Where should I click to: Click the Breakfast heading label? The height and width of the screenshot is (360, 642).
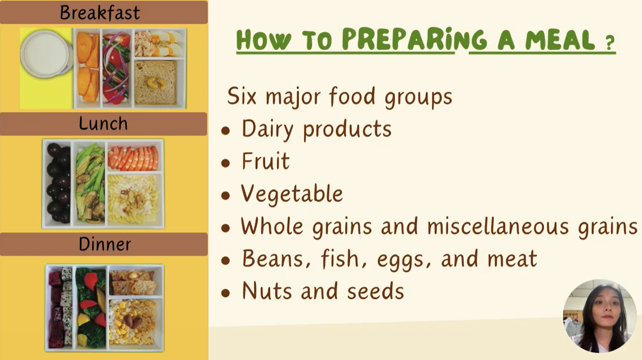click(100, 12)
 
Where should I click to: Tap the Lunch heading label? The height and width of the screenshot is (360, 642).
click(103, 124)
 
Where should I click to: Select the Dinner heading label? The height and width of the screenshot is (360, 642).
click(105, 244)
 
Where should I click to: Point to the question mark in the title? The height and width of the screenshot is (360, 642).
click(611, 42)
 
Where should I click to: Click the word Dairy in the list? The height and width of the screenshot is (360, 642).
click(267, 130)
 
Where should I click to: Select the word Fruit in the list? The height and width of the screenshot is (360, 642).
click(266, 161)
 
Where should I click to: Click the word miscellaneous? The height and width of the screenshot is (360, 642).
click(498, 226)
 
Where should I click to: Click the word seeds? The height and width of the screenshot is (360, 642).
click(376, 291)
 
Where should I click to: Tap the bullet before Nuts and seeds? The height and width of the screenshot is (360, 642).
click(226, 293)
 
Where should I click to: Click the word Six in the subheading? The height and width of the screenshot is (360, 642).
click(241, 96)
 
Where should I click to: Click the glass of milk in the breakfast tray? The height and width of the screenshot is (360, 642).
click(46, 54)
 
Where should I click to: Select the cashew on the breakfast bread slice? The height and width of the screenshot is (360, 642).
click(156, 83)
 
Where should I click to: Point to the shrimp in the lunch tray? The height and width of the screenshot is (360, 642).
click(134, 158)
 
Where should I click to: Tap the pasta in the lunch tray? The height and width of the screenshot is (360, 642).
click(134, 199)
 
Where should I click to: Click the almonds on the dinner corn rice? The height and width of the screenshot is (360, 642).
click(132, 321)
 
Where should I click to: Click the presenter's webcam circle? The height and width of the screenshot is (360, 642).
click(600, 316)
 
